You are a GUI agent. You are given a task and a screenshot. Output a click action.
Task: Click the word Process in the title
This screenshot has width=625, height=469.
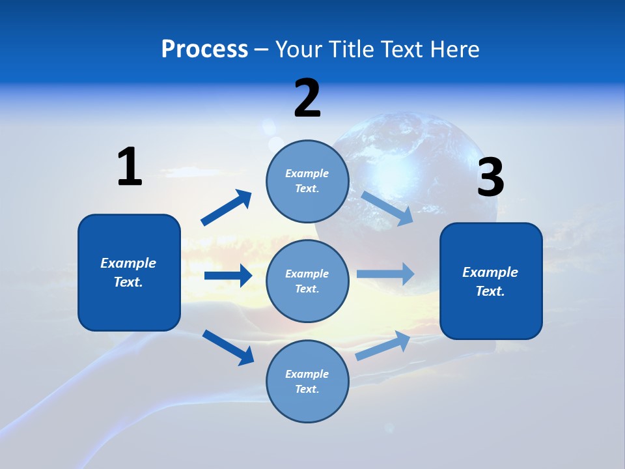coord(204,50)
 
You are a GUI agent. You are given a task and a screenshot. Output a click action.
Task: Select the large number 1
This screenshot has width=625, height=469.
coord(130,167)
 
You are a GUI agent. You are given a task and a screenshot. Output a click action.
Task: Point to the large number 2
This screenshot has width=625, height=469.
coord(307,98)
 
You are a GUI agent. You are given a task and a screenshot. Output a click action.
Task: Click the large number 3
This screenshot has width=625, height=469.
coord(490,178)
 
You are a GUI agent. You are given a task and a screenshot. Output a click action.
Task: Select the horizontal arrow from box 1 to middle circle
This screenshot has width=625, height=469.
coord(228,276)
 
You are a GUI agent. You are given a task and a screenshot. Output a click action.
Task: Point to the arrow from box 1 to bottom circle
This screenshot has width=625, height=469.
coord(228,347)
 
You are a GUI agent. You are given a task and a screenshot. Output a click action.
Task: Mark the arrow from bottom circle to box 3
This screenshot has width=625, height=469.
coord(383,345)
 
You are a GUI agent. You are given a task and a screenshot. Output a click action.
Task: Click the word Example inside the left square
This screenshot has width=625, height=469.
coord(128,263)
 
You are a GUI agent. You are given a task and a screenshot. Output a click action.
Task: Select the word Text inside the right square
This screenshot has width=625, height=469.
coord(489,291)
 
